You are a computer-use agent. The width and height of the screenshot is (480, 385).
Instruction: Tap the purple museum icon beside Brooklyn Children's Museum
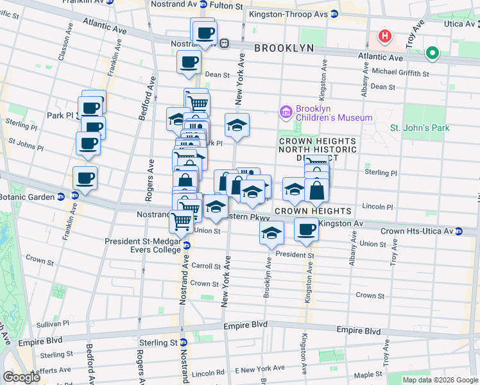[286, 112]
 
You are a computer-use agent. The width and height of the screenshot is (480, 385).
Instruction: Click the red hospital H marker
[385, 36]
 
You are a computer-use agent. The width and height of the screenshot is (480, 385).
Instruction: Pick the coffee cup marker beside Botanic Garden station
[85, 178]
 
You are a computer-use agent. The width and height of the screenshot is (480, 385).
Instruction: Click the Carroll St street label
[205, 265]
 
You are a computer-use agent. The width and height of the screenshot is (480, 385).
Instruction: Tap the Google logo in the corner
[21, 377]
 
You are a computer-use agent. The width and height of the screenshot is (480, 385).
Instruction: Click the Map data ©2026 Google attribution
[440, 380]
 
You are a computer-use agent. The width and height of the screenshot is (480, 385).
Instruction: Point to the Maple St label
[368, 374]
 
